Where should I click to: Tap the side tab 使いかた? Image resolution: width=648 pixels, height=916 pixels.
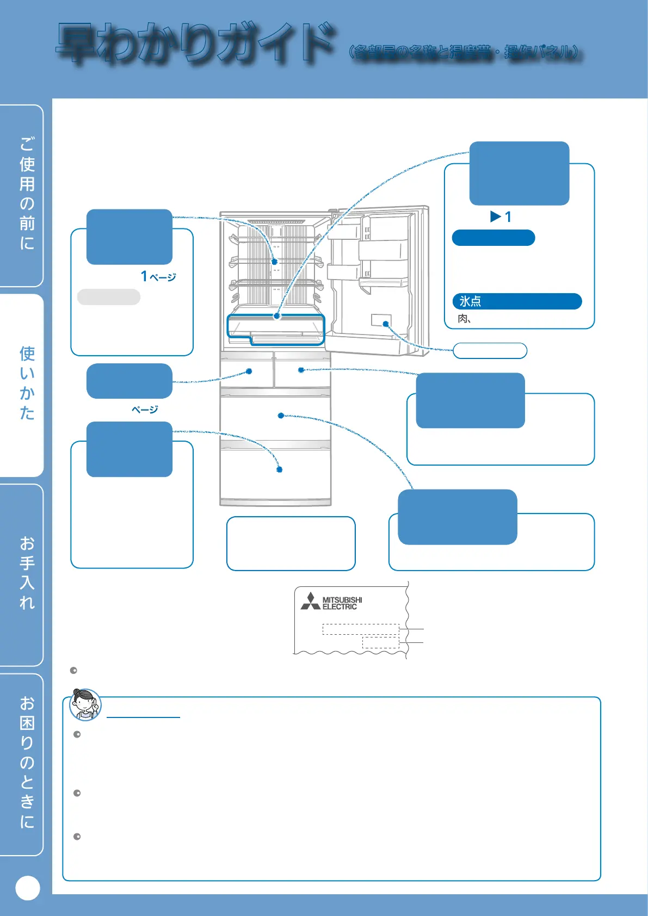(27, 383)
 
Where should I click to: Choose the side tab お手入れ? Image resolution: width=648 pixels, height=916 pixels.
(27, 573)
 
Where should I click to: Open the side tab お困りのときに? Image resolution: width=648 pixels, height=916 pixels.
(27, 762)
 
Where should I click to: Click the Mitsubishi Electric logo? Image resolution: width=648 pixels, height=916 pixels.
(331, 602)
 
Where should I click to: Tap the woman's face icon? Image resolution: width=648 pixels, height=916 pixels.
(85, 704)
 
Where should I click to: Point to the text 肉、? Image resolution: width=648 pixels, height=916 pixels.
(464, 319)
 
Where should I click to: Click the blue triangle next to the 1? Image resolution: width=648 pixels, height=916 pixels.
(495, 217)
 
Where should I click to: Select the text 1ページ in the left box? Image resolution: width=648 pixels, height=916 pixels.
(158, 277)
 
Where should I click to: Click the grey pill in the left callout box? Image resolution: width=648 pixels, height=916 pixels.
(109, 297)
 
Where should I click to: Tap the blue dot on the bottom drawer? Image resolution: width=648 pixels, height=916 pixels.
(279, 469)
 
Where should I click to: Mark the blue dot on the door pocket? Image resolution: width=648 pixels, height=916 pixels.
(386, 324)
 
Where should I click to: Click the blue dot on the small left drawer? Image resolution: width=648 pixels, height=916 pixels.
(249, 372)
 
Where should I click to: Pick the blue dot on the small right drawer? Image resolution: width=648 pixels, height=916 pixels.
(301, 370)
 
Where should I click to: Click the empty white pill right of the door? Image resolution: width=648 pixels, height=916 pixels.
(490, 351)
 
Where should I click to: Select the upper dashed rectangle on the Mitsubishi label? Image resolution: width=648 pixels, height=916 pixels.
(360, 629)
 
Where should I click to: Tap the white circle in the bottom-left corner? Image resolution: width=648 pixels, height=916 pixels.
(28, 888)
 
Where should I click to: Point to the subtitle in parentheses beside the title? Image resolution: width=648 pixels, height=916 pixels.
(465, 52)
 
